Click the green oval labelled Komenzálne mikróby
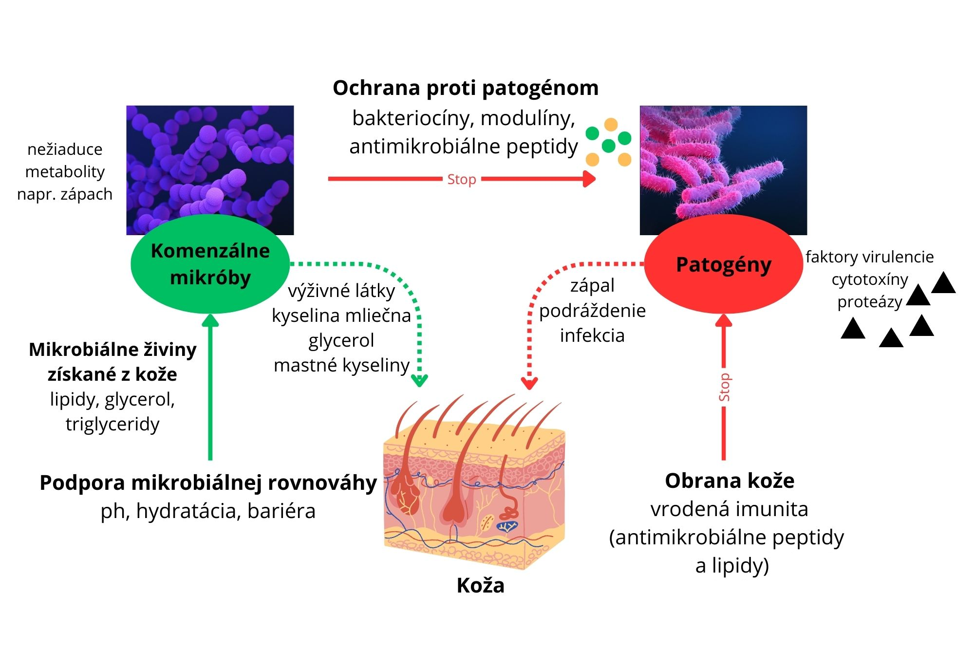point(210,264)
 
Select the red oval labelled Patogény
point(723,265)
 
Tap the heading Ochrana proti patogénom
point(466,88)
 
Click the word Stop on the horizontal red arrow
point(461,179)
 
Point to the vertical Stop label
point(724,387)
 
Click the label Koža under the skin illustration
point(480,585)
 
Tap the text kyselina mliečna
point(341,315)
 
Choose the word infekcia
point(592,335)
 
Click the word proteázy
point(870,302)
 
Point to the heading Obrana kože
point(730,481)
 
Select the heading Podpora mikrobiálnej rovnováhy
point(208,482)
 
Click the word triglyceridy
point(112,424)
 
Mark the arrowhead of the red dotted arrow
point(529,383)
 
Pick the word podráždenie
point(592,311)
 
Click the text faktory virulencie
point(869,257)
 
